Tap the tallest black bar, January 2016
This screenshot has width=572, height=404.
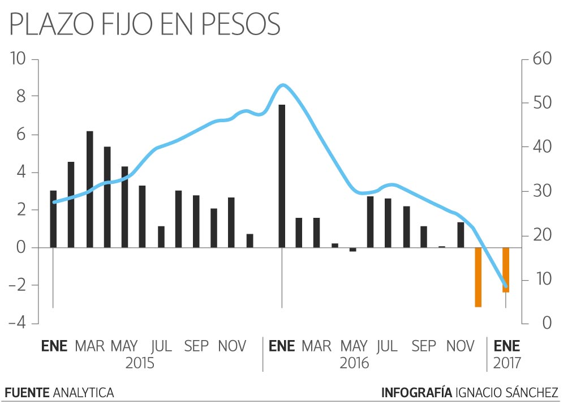click(282, 176)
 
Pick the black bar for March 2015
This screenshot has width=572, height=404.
click(89, 189)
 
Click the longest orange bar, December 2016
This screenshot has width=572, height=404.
click(478, 277)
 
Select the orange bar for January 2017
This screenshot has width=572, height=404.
click(506, 270)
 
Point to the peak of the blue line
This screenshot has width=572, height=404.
click(283, 85)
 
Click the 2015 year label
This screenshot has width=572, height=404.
click(140, 363)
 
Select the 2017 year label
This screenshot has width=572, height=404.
click(507, 363)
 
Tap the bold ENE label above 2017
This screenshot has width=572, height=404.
click(507, 345)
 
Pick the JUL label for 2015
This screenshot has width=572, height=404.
click(161, 345)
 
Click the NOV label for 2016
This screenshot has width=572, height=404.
click(460, 345)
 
